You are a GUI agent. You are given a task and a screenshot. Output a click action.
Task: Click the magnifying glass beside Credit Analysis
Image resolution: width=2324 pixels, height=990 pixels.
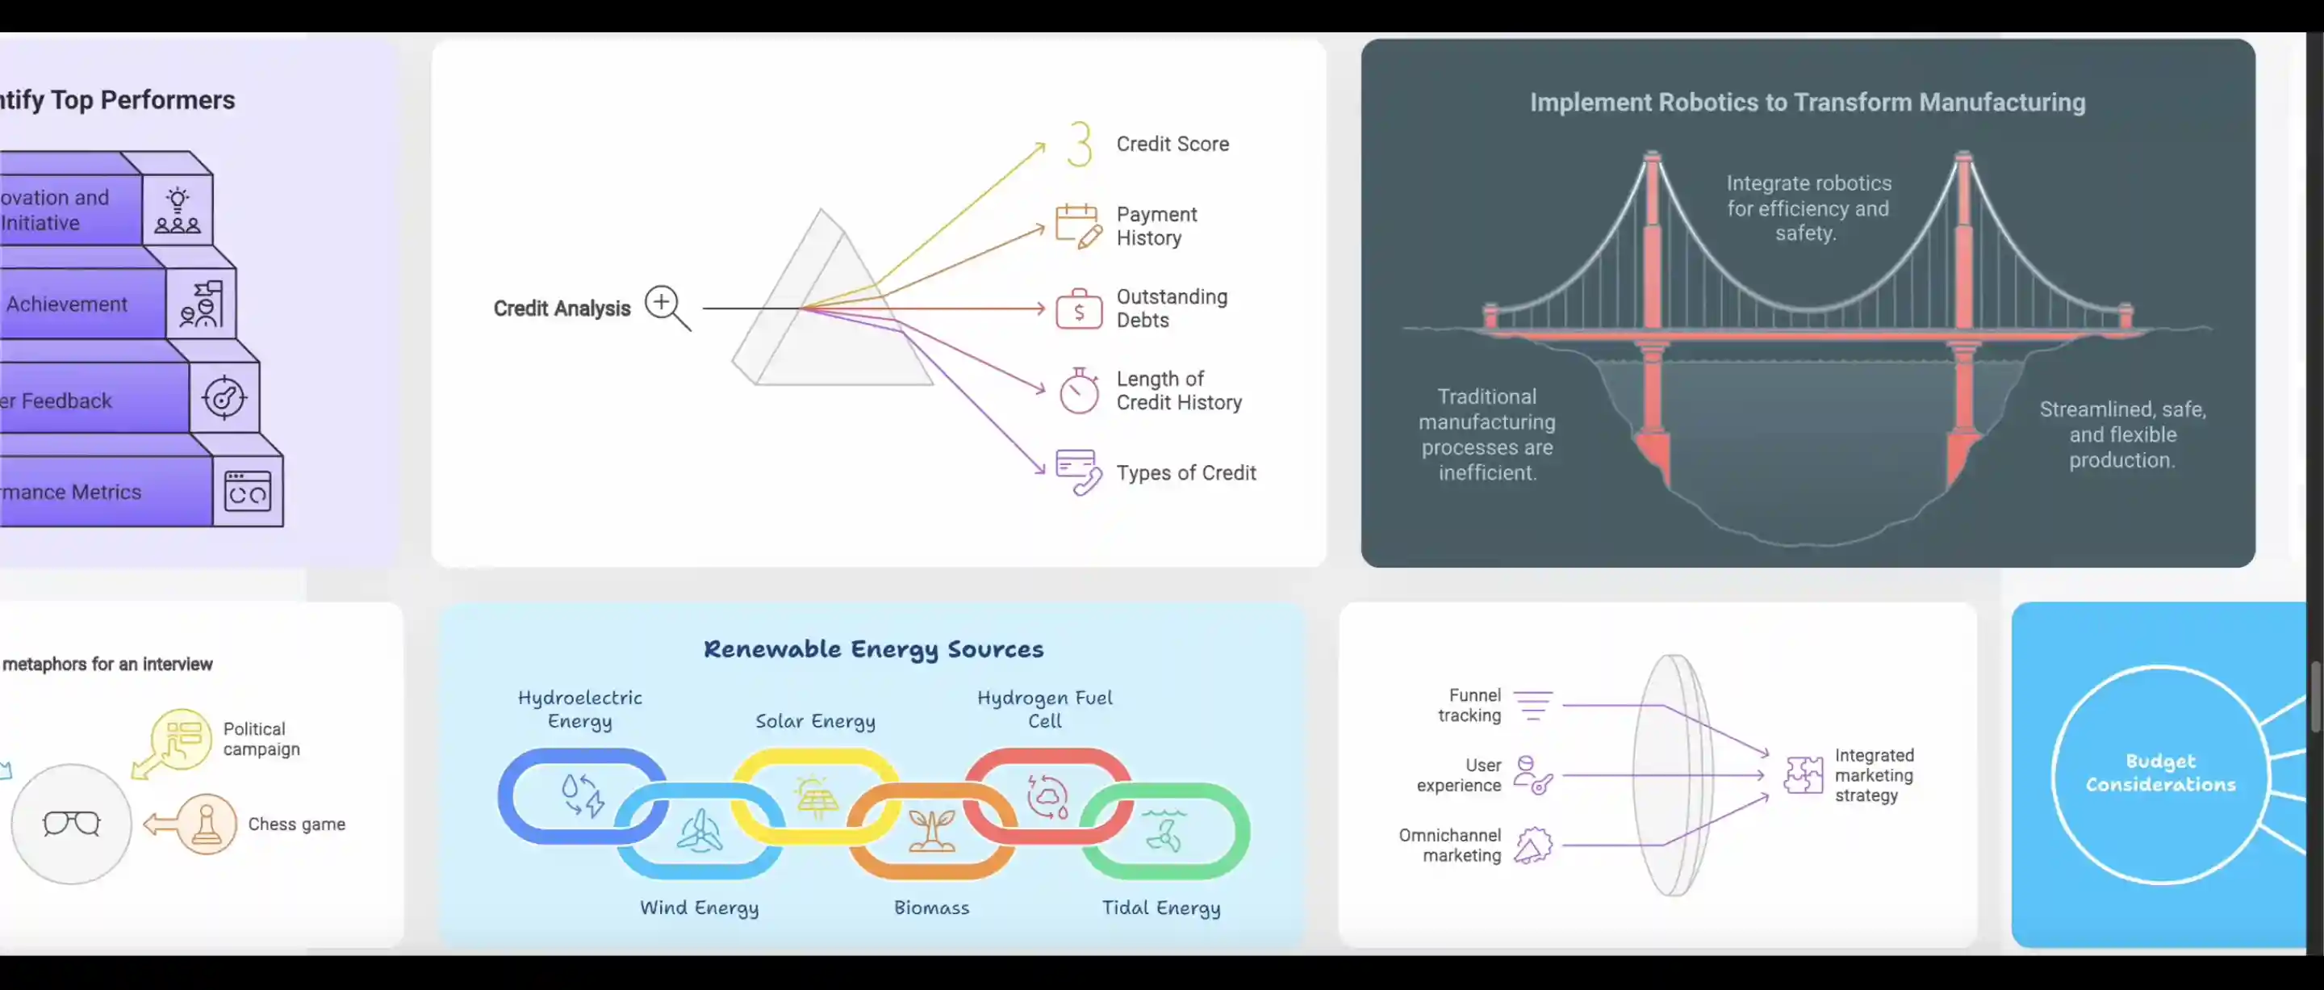coord(667,307)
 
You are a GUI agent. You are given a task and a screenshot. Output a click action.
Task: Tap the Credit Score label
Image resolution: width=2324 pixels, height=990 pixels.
coord(1172,144)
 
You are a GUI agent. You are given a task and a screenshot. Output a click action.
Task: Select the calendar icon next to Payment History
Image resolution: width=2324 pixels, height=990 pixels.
coord(1078,224)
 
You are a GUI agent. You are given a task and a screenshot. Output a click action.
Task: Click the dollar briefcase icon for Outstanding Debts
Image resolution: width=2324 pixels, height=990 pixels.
coord(1079,308)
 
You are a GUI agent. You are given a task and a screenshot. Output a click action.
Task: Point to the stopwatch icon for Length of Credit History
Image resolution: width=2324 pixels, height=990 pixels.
coord(1079,391)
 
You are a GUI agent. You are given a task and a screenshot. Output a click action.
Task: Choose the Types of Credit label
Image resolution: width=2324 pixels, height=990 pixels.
coord(1185,473)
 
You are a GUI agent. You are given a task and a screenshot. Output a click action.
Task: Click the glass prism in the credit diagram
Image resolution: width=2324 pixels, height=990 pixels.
coord(830,307)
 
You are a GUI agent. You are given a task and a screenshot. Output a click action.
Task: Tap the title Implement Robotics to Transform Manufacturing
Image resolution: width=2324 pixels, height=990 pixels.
coord(1807,102)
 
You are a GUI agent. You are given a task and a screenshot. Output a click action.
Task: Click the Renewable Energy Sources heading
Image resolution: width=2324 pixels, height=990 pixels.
coord(872,649)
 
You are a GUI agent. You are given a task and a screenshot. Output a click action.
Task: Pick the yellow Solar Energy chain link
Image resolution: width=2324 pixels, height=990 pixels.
coord(815,796)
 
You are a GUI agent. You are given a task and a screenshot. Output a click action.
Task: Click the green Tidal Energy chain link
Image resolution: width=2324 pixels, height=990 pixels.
coord(1164,830)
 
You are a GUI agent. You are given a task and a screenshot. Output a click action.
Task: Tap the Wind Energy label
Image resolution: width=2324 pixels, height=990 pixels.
coord(699,908)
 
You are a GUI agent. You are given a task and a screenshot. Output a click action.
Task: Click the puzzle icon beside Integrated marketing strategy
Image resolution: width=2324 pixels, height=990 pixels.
coord(1804,775)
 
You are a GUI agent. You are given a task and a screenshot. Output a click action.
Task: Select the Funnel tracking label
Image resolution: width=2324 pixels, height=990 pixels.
coord(1469,705)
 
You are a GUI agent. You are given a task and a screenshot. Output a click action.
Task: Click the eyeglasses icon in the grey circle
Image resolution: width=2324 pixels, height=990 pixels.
coord(71,823)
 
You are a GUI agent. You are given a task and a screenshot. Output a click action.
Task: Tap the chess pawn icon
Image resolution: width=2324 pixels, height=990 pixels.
coord(207,823)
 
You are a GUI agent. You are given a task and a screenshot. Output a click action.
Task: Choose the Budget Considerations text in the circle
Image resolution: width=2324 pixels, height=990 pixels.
coord(2160,774)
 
